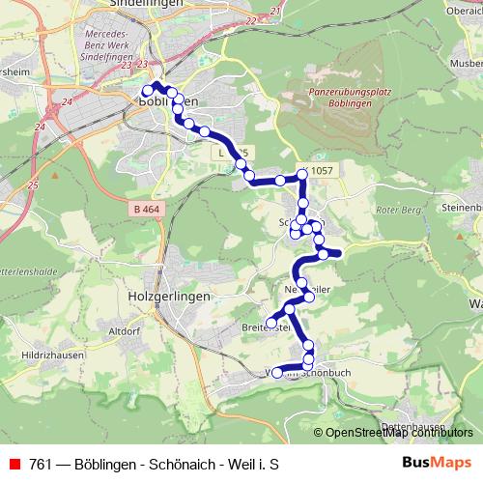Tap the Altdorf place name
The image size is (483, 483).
[x=126, y=330]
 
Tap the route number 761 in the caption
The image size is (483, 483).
[x=39, y=465]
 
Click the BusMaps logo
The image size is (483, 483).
[x=438, y=464]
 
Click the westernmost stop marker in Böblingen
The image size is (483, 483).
[x=148, y=92]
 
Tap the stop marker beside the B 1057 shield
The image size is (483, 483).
[x=302, y=175]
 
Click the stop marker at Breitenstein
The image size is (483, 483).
[x=271, y=322]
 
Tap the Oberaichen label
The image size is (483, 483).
[x=462, y=10]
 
